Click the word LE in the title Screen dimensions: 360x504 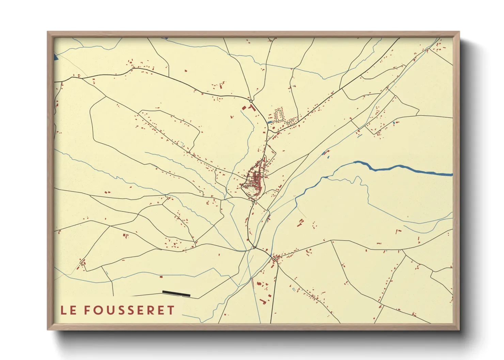pos(68,310)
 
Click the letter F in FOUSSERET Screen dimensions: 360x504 pos(88,310)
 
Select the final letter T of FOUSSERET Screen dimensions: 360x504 pos(171,310)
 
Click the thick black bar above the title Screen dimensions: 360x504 pos(176,293)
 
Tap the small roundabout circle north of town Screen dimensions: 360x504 pos(251,101)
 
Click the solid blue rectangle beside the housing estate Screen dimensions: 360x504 pos(270,122)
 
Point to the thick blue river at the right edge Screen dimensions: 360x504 pos(443,174)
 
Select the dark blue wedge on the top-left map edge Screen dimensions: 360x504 pos(56,57)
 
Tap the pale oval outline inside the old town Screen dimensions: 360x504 pos(251,189)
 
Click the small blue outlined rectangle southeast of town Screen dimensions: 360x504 pos(294,290)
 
